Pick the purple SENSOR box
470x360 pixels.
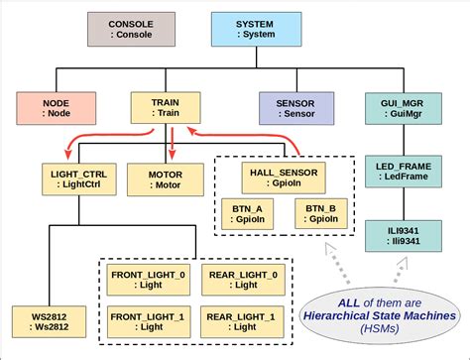[295, 108]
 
